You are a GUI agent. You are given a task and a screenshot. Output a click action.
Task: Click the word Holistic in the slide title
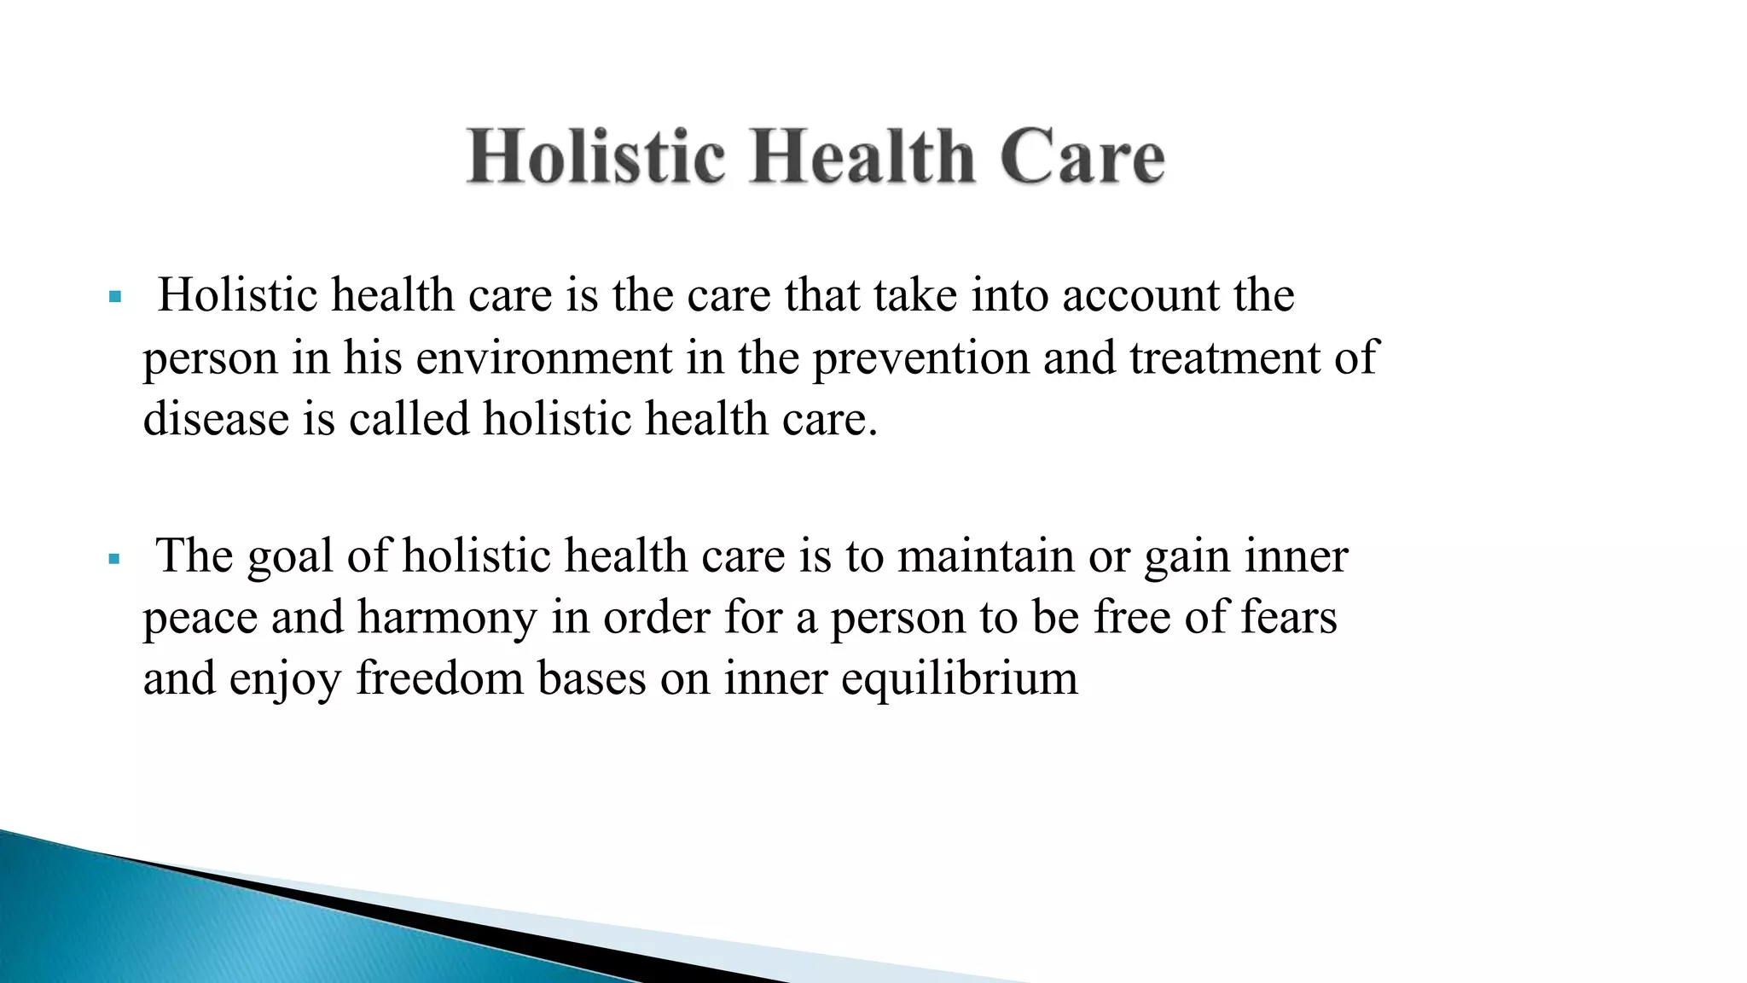tap(596, 157)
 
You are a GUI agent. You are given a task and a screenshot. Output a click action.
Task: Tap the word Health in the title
tap(862, 157)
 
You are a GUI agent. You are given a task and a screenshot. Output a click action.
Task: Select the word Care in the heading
tap(1082, 157)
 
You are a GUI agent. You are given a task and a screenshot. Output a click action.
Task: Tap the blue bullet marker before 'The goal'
tap(115, 560)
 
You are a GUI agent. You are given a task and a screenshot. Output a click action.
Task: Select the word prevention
tap(920, 358)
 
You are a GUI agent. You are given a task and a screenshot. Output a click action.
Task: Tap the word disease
tap(216, 419)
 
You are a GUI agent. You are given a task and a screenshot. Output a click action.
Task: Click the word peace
tap(200, 619)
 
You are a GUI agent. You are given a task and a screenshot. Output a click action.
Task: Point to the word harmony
tap(447, 619)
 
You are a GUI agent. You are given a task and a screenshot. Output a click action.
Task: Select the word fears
tap(1288, 617)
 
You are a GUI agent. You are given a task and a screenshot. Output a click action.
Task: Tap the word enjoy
tap(285, 680)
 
